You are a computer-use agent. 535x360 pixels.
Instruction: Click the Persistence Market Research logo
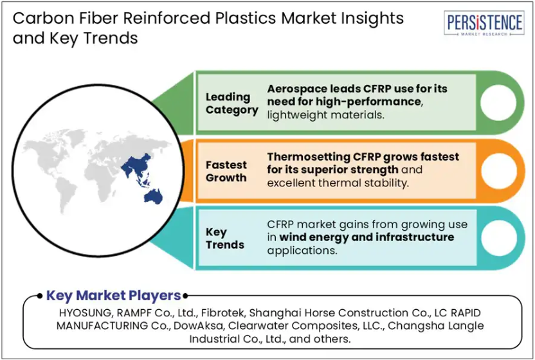click(484, 23)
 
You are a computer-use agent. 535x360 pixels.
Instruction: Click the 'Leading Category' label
click(231, 104)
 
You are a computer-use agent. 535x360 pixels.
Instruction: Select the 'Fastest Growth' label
click(226, 171)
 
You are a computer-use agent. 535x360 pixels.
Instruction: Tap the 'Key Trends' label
click(225, 239)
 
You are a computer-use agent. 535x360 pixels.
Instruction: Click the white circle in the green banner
click(498, 103)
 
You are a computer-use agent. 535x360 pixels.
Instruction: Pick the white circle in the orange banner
click(499, 171)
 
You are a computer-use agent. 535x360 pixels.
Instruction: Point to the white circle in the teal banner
click(499, 239)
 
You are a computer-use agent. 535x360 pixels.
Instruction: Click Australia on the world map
click(154, 197)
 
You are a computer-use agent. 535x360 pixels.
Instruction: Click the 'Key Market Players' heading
click(113, 296)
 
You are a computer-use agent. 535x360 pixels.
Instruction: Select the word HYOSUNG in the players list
click(85, 312)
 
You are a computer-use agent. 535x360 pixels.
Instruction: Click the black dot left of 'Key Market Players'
click(40, 296)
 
